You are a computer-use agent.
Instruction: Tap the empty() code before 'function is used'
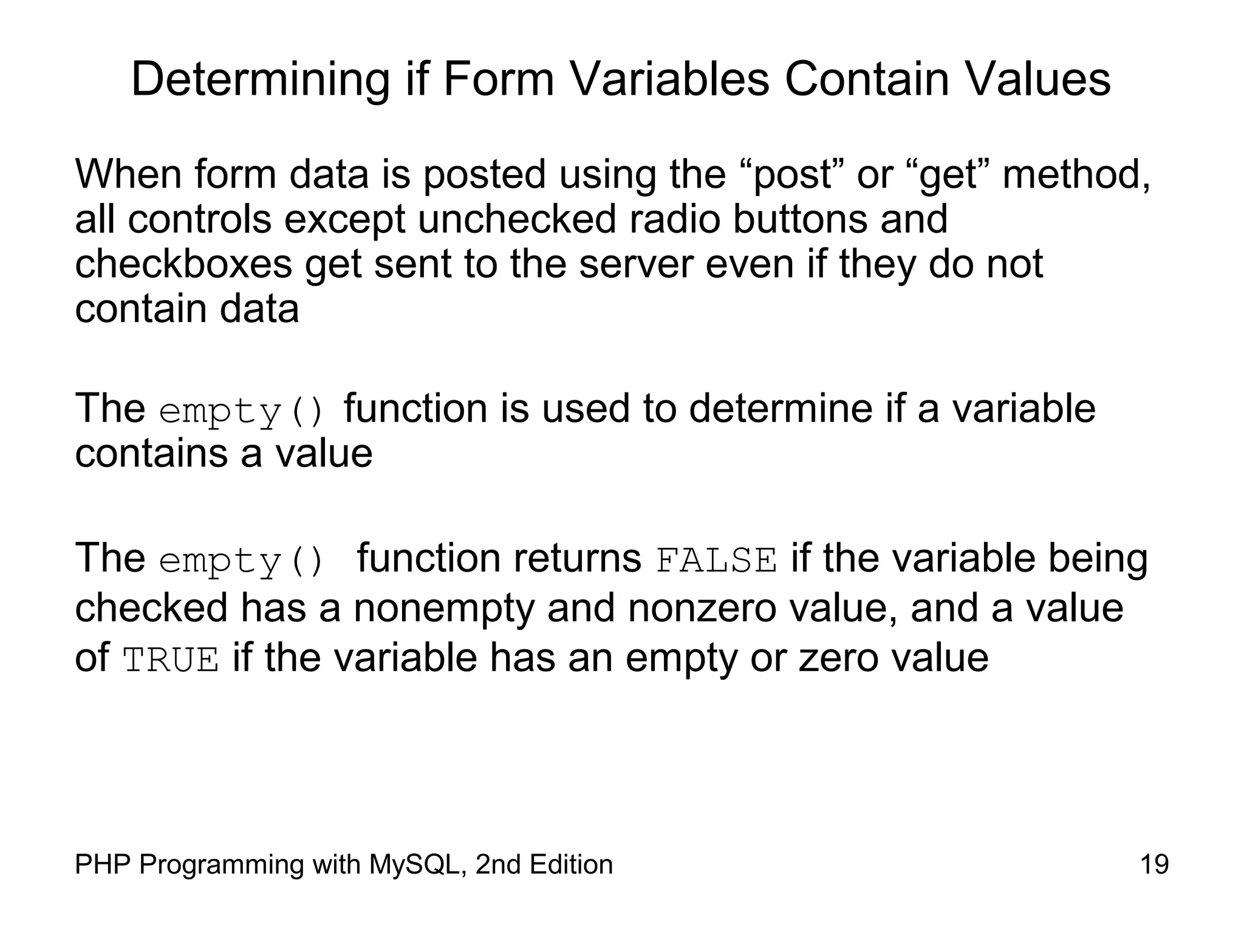(242, 411)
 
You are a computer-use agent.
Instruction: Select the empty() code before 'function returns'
(242, 561)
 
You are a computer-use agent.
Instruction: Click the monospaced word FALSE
(716, 561)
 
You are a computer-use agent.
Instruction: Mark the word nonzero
(702, 609)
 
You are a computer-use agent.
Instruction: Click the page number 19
(1154, 864)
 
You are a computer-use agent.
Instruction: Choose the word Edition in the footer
(570, 864)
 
